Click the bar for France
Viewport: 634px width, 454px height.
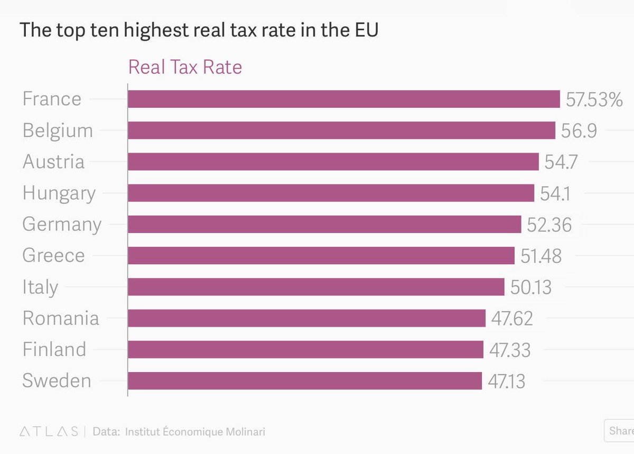pyautogui.click(x=344, y=99)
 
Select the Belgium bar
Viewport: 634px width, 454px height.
pyautogui.click(x=342, y=131)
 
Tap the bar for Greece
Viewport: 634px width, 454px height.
pyautogui.click(x=321, y=255)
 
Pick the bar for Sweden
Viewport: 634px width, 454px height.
pyautogui.click(x=305, y=381)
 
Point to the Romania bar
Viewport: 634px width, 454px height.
pyautogui.click(x=307, y=318)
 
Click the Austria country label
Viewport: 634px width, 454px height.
pyautogui.click(x=53, y=161)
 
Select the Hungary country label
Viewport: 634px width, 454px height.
pyautogui.click(x=59, y=193)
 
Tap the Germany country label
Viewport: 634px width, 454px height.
pyautogui.click(x=62, y=225)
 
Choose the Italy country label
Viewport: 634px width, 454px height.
pyautogui.click(x=40, y=287)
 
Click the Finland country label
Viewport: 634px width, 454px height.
pyautogui.click(x=54, y=349)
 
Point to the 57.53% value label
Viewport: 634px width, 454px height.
pyautogui.click(x=594, y=99)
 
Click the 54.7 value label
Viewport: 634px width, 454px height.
pyautogui.click(x=561, y=162)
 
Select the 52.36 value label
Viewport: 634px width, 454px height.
pyautogui.click(x=549, y=225)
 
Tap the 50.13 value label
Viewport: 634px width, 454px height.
pyautogui.click(x=531, y=287)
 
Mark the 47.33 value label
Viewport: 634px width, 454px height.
pyautogui.click(x=510, y=350)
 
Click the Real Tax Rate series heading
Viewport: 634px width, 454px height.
pyautogui.click(x=185, y=67)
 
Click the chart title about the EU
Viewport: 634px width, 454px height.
pyautogui.click(x=199, y=30)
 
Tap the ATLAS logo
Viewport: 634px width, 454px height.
pyautogui.click(x=49, y=431)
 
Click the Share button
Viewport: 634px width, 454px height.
pyautogui.click(x=619, y=431)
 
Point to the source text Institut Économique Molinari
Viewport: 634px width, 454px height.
pyautogui.click(x=195, y=431)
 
